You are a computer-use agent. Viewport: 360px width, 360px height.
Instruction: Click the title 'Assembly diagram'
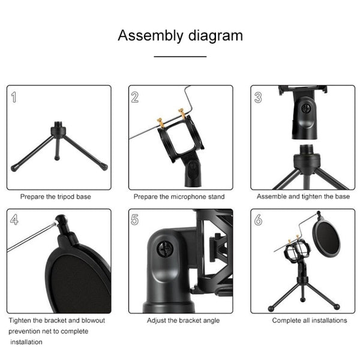(180, 35)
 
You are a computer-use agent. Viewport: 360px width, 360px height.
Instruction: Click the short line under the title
(180, 56)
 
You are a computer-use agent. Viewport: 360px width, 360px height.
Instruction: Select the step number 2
(136, 97)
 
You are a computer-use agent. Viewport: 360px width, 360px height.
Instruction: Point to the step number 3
(258, 97)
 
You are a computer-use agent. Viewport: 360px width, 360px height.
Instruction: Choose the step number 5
(136, 220)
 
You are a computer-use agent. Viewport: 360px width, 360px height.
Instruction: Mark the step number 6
(258, 220)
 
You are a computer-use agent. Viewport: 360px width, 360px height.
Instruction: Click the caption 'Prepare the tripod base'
(57, 196)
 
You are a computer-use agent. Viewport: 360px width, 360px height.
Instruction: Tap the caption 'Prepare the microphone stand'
(179, 196)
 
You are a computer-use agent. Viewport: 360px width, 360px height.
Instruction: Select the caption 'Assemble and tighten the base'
(303, 196)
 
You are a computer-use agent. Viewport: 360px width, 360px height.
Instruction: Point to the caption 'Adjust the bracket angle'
(183, 320)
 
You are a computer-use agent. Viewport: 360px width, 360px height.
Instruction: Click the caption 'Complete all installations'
(310, 320)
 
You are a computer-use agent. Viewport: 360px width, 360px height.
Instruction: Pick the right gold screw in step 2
(181, 113)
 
